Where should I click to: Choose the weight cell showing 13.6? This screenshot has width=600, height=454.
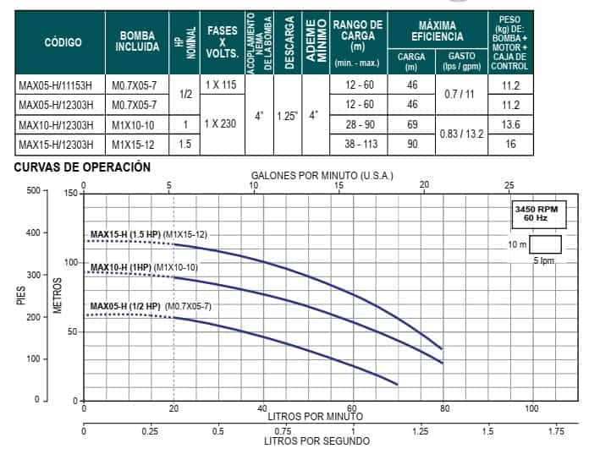click(x=509, y=125)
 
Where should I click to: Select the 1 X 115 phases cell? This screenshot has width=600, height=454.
click(x=223, y=85)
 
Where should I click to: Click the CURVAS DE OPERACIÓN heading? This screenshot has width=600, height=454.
click(x=82, y=167)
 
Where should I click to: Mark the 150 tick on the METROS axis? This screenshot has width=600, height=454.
click(x=70, y=194)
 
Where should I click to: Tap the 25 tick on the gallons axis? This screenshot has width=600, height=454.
click(x=509, y=185)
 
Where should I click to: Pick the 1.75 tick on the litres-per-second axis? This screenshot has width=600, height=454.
click(x=556, y=430)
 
